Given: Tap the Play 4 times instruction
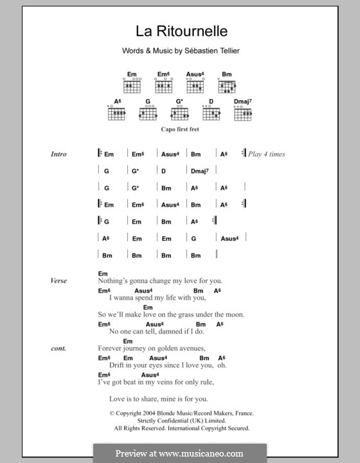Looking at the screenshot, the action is pyautogui.click(x=266, y=154).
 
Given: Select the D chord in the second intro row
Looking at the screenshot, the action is pyautogui.click(x=164, y=171).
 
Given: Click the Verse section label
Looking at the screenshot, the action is pyautogui.click(x=59, y=280).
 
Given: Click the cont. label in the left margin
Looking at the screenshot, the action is pyautogui.click(x=58, y=348).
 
